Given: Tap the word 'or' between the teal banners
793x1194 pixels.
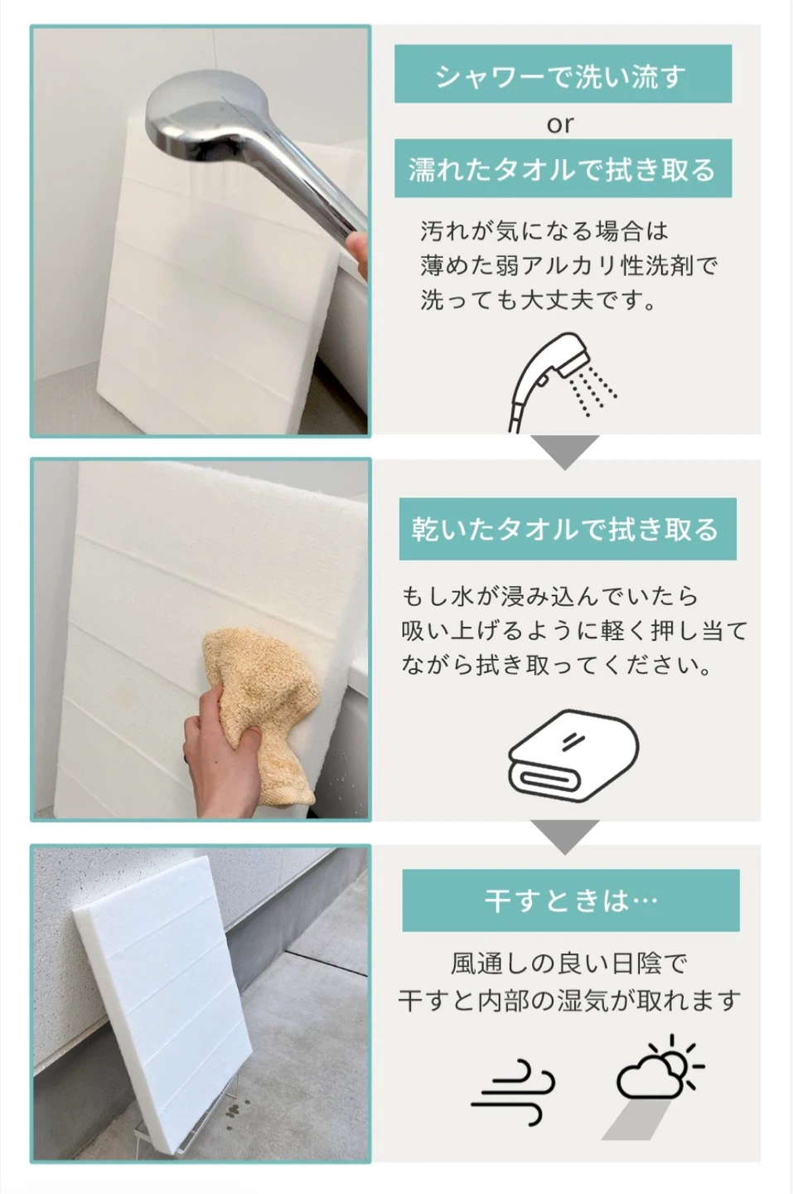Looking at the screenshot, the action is coord(560,124).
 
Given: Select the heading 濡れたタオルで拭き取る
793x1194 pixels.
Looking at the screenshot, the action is coord(563,169).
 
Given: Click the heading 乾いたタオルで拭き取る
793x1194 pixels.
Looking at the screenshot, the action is coord(566,529).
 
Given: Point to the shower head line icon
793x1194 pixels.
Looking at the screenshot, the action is coord(562,381).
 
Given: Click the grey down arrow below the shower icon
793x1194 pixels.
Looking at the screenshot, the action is coord(565,451).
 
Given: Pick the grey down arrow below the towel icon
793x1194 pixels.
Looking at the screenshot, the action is coord(565,837).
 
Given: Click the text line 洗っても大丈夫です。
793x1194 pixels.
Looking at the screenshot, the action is coord(537,300).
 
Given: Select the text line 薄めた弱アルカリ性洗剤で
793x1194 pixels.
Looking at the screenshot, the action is coord(568,265).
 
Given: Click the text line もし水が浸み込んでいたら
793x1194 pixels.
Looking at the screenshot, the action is coord(549,596).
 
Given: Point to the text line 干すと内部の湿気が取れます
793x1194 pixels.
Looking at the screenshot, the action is coord(569,1000).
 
